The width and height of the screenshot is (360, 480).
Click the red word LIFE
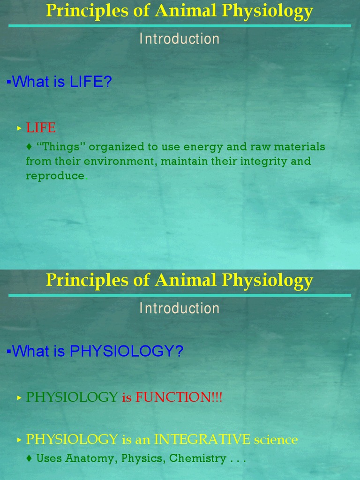(x=41, y=127)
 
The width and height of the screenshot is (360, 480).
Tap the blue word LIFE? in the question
(x=91, y=82)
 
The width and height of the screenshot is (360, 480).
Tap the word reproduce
(x=55, y=176)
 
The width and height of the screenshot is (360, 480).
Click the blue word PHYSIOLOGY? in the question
(x=127, y=351)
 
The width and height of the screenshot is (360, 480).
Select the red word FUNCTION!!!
(x=179, y=397)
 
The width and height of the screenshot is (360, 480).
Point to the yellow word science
(x=276, y=440)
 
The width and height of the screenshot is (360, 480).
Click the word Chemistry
(x=197, y=458)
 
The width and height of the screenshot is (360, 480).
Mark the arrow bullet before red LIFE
(x=19, y=128)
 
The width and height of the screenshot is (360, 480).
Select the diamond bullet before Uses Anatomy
(x=30, y=458)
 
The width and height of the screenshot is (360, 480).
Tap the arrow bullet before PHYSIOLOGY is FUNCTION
(x=19, y=398)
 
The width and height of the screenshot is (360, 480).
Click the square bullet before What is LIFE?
(x=8, y=82)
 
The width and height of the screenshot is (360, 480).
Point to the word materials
(x=300, y=147)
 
